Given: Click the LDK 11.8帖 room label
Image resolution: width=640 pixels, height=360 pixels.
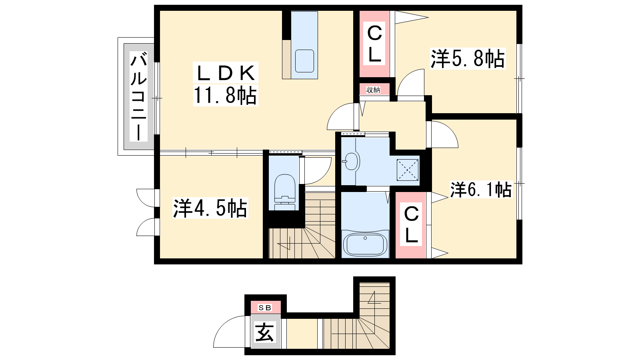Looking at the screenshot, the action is pyautogui.click(x=226, y=84).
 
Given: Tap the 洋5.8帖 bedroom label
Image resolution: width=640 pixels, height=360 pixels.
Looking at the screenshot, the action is pyautogui.click(x=468, y=58).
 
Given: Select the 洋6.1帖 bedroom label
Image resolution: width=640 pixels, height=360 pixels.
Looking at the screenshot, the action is pyautogui.click(x=481, y=190).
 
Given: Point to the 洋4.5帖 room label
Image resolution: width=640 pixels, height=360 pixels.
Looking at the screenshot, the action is pyautogui.click(x=210, y=208).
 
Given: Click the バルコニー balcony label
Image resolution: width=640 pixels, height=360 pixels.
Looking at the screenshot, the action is pyautogui.click(x=138, y=96).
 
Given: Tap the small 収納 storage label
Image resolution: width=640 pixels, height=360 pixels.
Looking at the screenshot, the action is pyautogui.click(x=373, y=90).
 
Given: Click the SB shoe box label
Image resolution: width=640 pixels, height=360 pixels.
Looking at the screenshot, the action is pyautogui.click(x=265, y=308).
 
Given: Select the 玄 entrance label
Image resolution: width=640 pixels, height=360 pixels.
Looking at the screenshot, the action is pyautogui.click(x=264, y=332).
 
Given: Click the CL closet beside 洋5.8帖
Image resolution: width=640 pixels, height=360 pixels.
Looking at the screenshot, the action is pyautogui.click(x=374, y=44).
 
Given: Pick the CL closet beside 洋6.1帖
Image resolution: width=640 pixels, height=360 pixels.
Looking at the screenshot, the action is pyautogui.click(x=411, y=224).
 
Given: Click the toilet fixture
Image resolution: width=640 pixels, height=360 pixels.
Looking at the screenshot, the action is pyautogui.click(x=284, y=192).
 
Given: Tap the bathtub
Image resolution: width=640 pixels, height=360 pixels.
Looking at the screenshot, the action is pyautogui.click(x=365, y=244).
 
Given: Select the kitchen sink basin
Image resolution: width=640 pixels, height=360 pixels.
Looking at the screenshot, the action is pyautogui.click(x=304, y=61).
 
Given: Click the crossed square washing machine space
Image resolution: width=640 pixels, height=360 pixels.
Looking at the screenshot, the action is pyautogui.click(x=408, y=170).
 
